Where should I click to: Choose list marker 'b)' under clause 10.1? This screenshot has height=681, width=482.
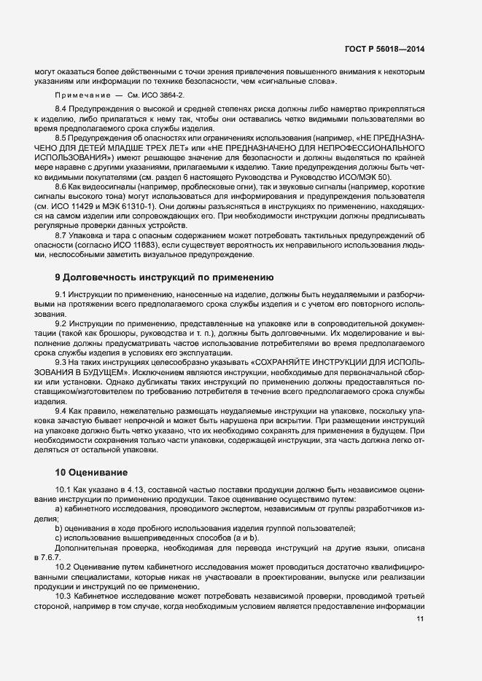(58, 529)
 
